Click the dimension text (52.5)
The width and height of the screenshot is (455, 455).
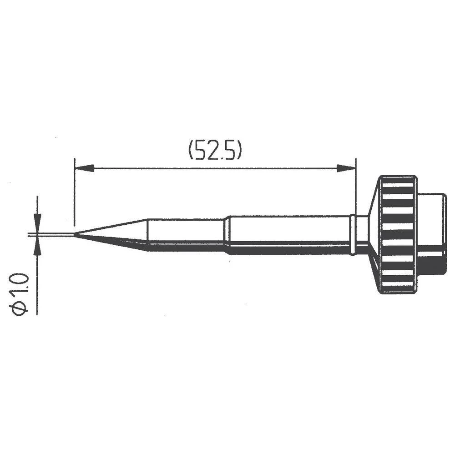[x=214, y=151]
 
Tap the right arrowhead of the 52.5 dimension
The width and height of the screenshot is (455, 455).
[x=346, y=168]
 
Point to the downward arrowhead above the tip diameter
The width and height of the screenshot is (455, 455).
[x=37, y=220]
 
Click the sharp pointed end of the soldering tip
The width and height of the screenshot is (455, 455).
[x=75, y=235]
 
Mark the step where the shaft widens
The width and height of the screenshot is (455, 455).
[x=226, y=234]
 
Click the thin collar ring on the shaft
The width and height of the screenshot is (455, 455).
[x=353, y=235]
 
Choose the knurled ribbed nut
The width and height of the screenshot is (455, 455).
[x=398, y=234]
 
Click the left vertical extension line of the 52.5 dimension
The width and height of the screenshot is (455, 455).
[x=74, y=191]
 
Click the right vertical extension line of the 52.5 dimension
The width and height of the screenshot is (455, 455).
[x=356, y=187]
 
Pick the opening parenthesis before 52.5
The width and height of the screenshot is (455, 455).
[x=192, y=151]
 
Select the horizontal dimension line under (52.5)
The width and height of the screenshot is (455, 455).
[x=214, y=168]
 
